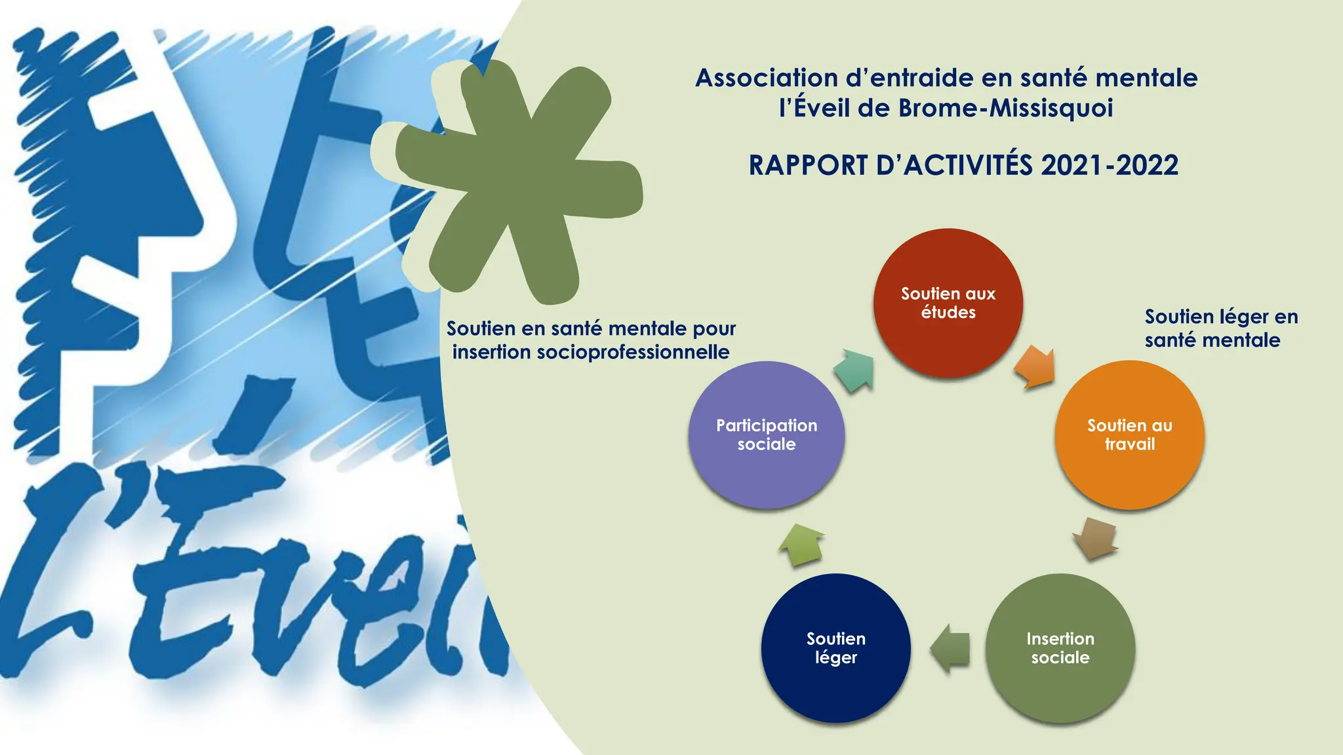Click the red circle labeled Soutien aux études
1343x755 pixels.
(948, 303)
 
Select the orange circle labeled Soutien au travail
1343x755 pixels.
(1129, 435)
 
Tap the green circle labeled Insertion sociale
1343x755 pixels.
(1060, 648)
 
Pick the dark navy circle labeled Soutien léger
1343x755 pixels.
(835, 648)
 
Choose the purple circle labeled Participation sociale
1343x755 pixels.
(766, 435)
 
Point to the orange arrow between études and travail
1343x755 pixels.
(1035, 367)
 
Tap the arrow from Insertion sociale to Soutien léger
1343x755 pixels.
(951, 648)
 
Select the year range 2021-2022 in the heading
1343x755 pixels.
(1109, 165)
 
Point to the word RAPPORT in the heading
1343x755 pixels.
(808, 165)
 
